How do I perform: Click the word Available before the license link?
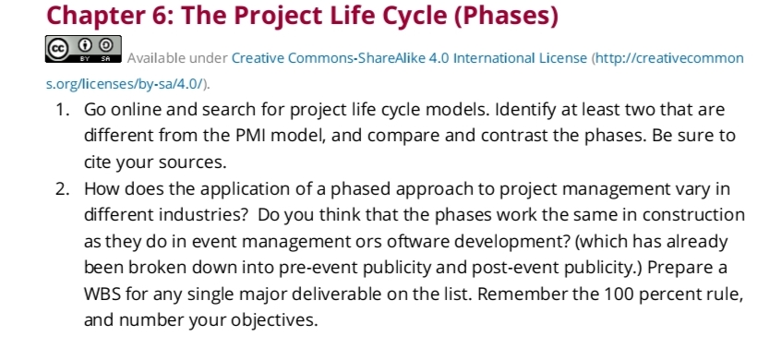coord(157,58)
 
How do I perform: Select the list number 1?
coord(60,110)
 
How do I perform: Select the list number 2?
coord(60,189)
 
